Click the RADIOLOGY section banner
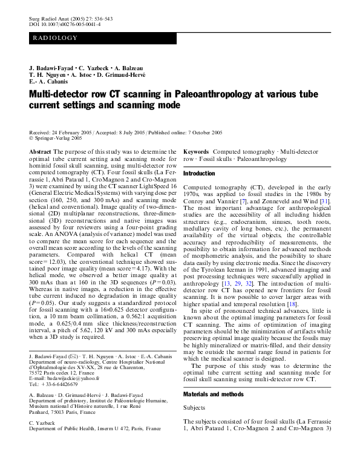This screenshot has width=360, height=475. [x=55, y=38]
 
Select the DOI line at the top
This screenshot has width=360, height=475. [x=65, y=24]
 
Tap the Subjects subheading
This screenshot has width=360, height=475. [x=195, y=408]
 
